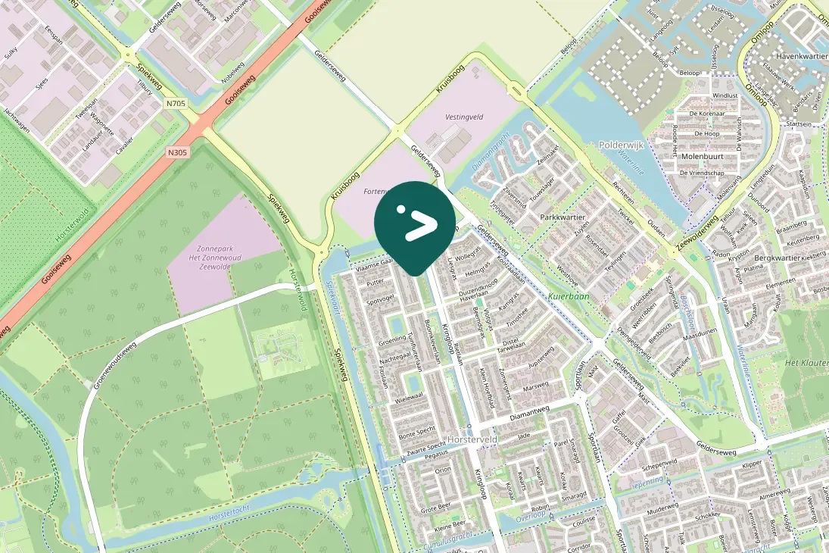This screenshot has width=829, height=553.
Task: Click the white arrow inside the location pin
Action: pyautogui.click(x=419, y=225)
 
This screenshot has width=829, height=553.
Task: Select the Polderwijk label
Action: pyautogui.click(x=620, y=145)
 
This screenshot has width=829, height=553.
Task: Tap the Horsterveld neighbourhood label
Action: pyautogui.click(x=472, y=439)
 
